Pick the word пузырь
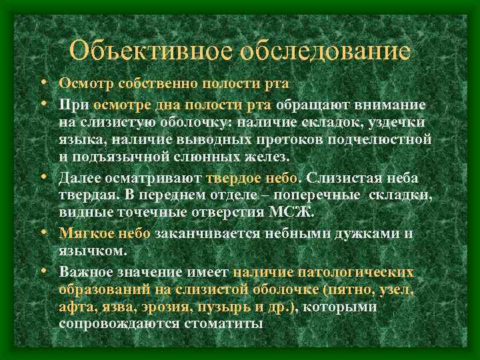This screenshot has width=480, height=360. pyautogui.click(x=231, y=307)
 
